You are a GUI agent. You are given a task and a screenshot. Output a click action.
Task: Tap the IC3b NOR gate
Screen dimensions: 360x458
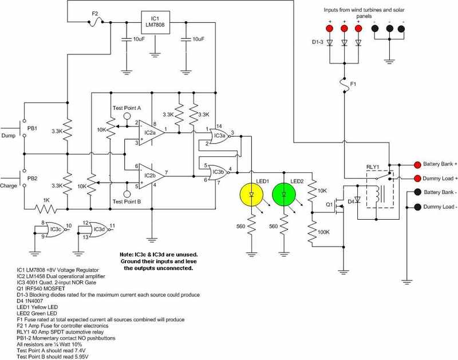(219, 171)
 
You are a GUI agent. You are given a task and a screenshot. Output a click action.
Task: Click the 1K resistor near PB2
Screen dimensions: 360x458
(48, 208)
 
